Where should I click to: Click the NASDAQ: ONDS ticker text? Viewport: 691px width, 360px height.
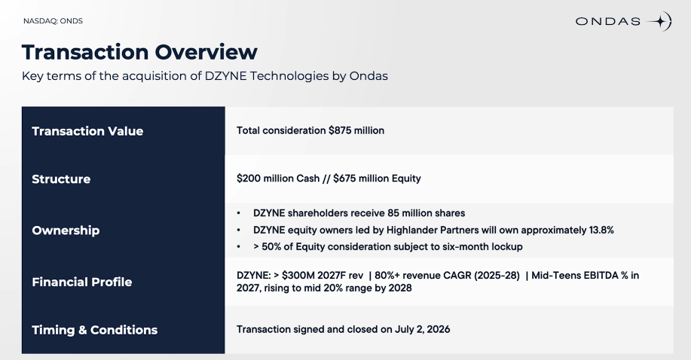[x=53, y=20]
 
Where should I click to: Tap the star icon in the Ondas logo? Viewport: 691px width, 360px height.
[x=659, y=21]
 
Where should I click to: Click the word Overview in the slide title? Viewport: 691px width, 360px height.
[x=206, y=52]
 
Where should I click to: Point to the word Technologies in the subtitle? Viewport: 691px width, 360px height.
[x=289, y=76]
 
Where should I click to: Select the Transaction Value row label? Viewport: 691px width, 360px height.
[x=87, y=131]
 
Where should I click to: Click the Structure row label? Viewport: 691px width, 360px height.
[x=61, y=179]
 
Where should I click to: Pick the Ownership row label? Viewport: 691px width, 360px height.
[x=66, y=230]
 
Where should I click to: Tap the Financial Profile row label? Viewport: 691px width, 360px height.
[x=82, y=282]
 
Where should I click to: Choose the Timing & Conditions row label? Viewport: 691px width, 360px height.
[x=95, y=330]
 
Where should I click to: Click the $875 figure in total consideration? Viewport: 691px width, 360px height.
[x=340, y=130]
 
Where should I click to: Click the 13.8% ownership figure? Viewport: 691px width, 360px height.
[x=601, y=230]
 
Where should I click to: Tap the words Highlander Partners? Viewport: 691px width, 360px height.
[x=432, y=230]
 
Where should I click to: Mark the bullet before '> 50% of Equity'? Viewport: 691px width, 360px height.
[x=238, y=247]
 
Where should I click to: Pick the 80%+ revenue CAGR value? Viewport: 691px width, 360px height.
[x=387, y=276]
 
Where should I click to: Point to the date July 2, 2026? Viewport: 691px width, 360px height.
[x=422, y=330]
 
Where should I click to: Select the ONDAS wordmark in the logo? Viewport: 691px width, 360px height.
[x=607, y=21]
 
